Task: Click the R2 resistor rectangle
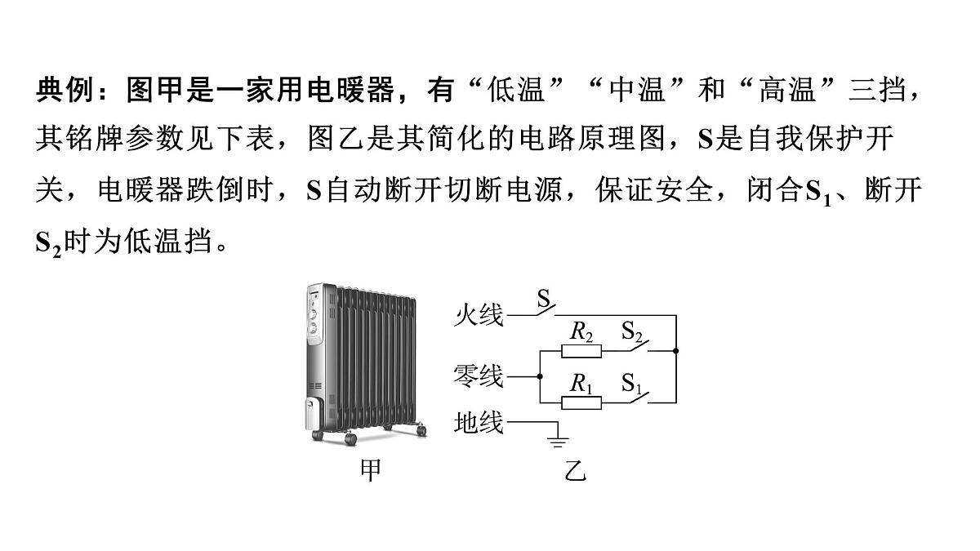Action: [x=581, y=351]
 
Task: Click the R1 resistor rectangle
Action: [x=581, y=402]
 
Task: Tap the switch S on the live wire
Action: [x=544, y=310]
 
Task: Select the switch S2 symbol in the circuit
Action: [x=639, y=346]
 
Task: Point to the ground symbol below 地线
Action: [x=558, y=442]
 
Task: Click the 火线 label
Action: [x=479, y=315]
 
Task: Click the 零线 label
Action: [x=479, y=376]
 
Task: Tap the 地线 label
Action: [x=479, y=423]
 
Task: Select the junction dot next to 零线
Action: [x=540, y=376]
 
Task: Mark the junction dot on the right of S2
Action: [x=676, y=351]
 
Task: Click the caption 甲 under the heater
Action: [x=371, y=470]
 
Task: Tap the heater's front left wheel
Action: [x=350, y=438]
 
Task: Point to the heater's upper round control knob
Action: [x=313, y=314]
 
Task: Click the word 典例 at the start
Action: [x=65, y=90]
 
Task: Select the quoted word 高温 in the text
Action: [x=787, y=90]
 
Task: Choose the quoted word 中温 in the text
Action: [x=638, y=90]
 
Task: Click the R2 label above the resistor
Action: [x=581, y=331]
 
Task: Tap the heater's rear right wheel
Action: [x=421, y=430]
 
